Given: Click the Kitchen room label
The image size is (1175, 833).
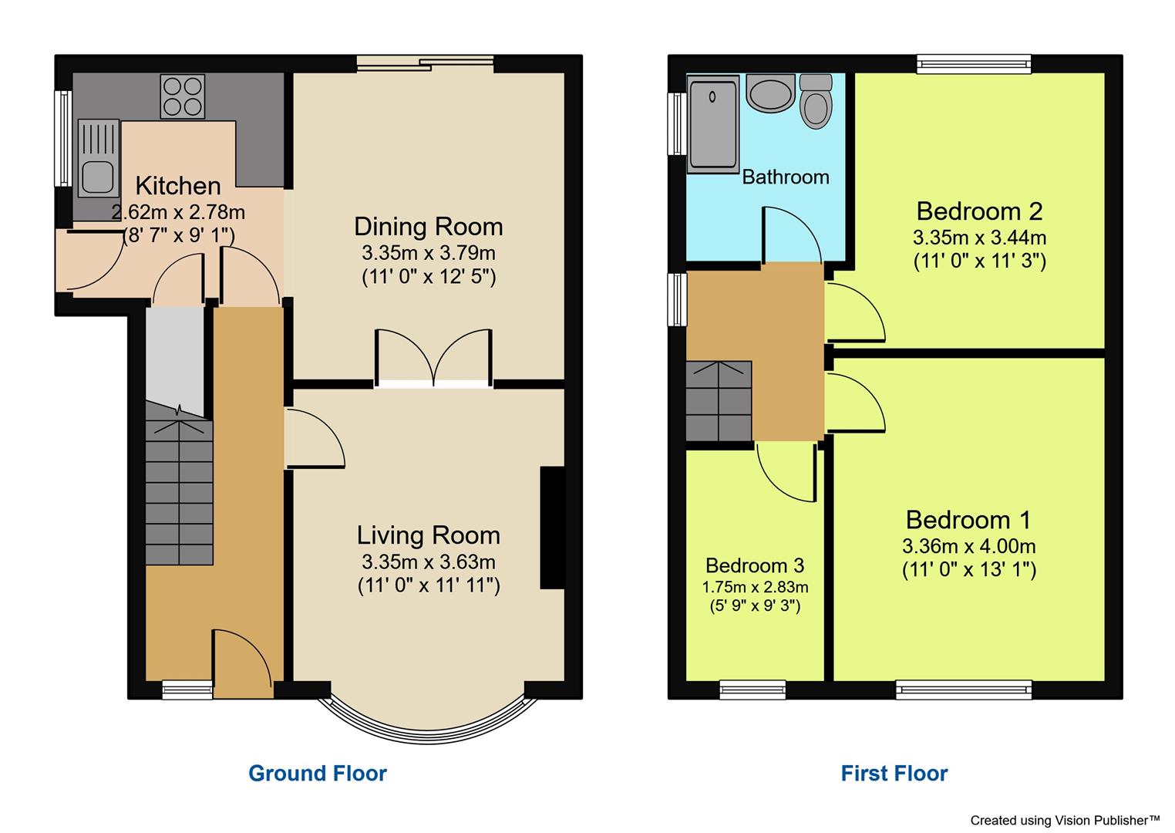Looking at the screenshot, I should coord(178,186).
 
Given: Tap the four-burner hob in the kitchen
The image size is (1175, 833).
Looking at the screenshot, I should coord(183,96).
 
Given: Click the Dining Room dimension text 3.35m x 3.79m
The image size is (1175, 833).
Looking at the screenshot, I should coord(428,253).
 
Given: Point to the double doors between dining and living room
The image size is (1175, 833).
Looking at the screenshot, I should coord(434,357).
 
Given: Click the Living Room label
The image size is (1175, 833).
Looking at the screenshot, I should coord(428,535).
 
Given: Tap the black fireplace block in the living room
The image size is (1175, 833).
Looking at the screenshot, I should coord(552,528).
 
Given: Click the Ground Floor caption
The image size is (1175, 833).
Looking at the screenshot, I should coord(318,773).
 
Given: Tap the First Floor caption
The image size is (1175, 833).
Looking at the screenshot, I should coord(894,773).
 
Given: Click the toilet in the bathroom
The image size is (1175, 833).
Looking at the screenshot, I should coord(816,103).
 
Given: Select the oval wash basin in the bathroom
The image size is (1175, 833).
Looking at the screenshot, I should coord(769,94).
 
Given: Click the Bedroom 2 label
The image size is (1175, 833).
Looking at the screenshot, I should coord(979,211).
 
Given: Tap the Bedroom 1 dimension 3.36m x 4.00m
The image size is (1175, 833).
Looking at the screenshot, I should coord(969,546).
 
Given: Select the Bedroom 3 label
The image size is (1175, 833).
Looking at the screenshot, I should coord(755,565).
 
